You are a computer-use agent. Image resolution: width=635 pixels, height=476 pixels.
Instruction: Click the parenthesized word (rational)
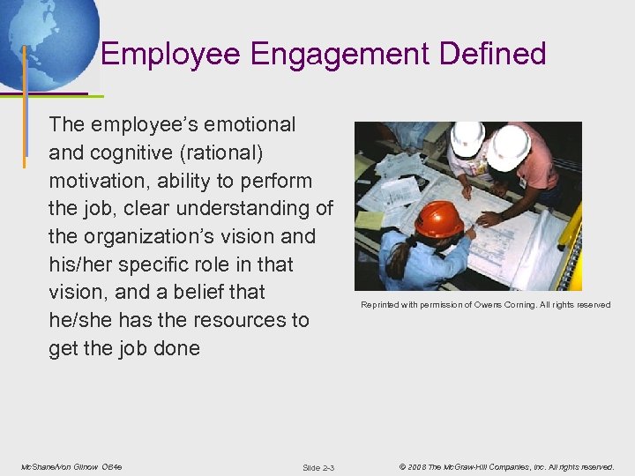pos(221,153)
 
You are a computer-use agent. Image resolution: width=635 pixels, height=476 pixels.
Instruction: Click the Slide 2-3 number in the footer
pos(318,467)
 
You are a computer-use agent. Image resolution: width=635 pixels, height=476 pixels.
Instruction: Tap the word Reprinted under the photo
pos(382,305)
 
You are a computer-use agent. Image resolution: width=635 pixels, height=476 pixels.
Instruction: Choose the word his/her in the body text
pos(80,264)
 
